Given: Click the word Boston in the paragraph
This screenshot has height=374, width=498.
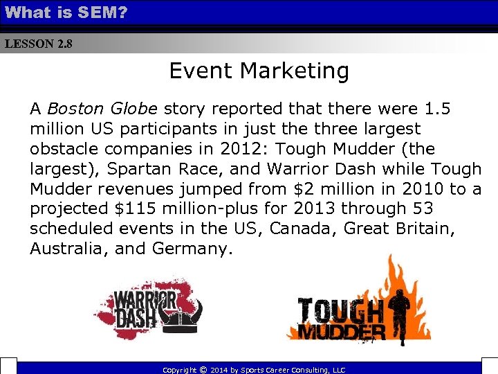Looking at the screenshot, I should (75, 109).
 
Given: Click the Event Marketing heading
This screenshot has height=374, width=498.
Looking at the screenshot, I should (259, 71).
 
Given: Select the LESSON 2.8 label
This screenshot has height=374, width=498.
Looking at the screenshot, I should (38, 44).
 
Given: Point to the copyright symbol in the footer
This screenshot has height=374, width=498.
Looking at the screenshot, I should (202, 369).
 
